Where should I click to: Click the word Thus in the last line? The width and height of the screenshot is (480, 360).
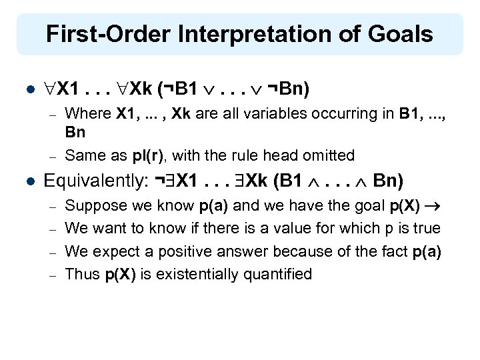click(x=82, y=274)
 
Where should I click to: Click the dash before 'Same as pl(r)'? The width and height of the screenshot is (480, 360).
click(x=53, y=155)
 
